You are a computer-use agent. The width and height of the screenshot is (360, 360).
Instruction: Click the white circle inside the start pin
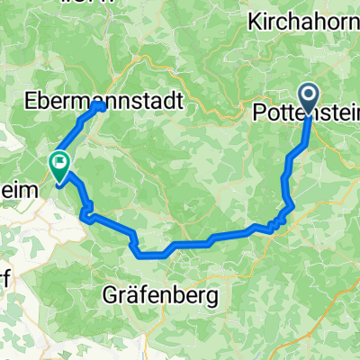[308, 94]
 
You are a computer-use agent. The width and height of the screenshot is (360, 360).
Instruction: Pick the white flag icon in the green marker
[60, 163]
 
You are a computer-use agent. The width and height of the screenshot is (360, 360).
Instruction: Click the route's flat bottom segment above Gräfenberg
[153, 254]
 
